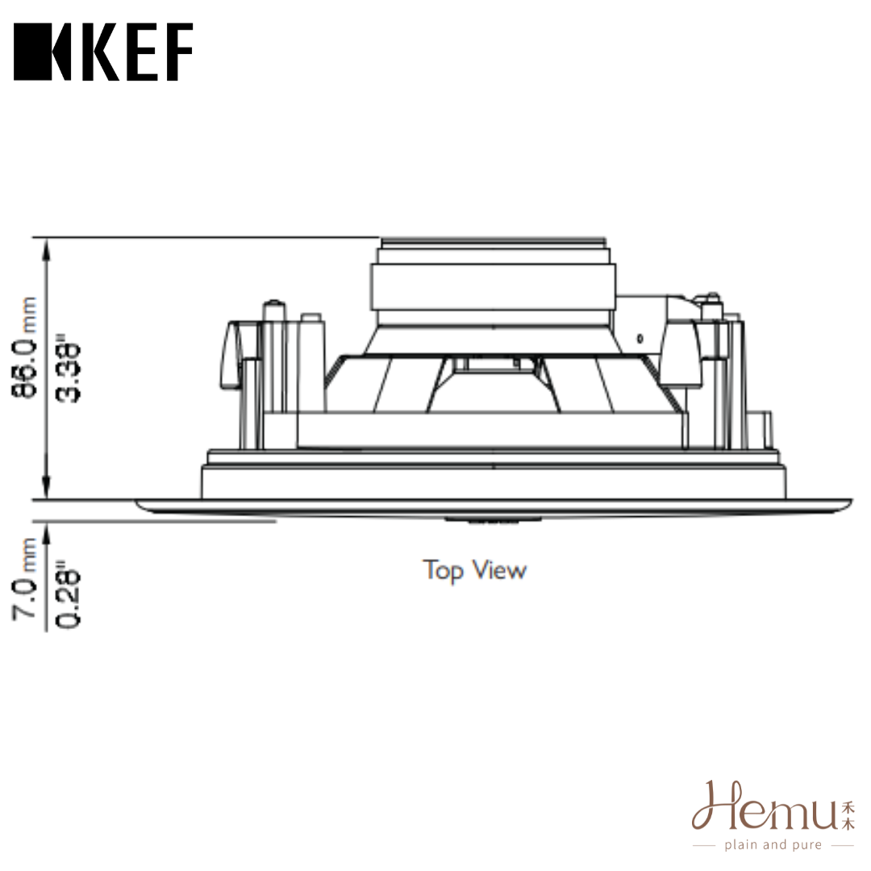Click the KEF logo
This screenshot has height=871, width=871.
click(103, 52)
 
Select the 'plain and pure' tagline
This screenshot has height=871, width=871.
click(772, 845)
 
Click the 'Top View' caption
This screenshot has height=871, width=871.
click(475, 570)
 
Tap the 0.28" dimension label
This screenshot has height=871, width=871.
click(72, 596)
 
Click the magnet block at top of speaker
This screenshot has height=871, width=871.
click(494, 286)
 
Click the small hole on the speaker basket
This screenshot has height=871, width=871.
click(640, 338)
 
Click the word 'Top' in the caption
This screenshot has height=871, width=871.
click(443, 571)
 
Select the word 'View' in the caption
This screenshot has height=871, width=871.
click(499, 570)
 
